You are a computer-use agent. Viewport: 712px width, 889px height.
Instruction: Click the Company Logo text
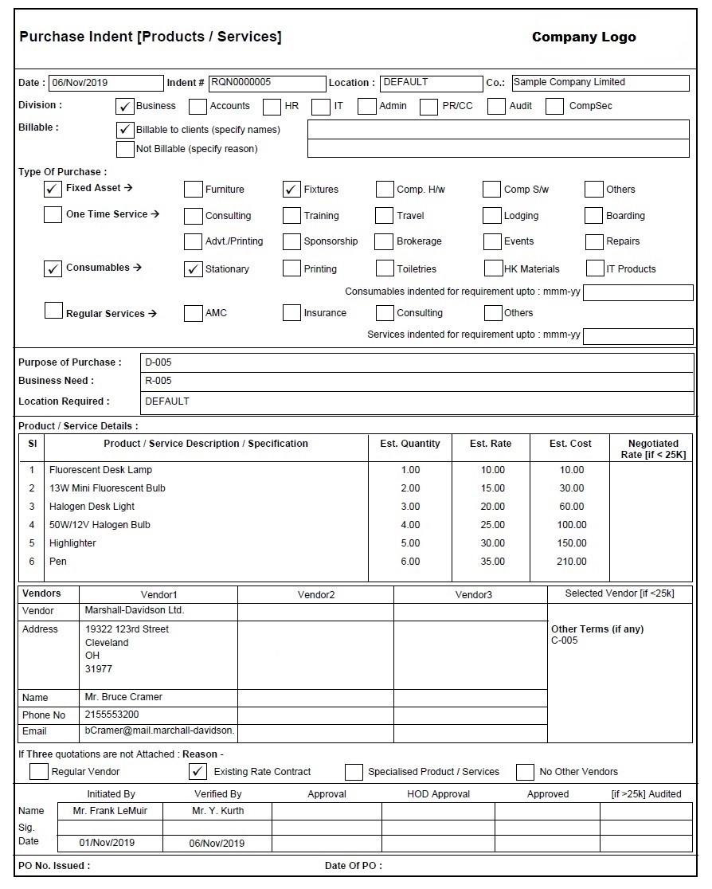point(583,37)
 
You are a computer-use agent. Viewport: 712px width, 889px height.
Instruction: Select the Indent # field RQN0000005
point(267,83)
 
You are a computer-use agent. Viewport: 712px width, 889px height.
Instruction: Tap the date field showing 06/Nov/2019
point(105,83)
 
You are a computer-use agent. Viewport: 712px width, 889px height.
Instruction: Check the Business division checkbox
point(125,106)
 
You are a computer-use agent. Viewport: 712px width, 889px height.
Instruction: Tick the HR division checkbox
point(272,106)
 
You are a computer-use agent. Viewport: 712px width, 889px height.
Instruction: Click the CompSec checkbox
point(555,106)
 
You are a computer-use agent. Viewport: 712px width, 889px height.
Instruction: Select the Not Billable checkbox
point(125,149)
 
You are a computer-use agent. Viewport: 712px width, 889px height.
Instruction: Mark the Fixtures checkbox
point(291,190)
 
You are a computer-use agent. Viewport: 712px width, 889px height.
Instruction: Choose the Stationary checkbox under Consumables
point(193,269)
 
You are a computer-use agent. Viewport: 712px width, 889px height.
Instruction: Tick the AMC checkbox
point(193,313)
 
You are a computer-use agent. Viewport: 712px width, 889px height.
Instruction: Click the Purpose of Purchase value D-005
point(158,362)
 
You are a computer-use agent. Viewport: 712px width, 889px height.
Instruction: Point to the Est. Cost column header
point(569,444)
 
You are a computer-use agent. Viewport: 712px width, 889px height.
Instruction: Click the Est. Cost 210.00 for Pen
point(571,562)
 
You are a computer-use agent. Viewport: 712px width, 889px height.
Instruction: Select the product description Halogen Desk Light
point(92,507)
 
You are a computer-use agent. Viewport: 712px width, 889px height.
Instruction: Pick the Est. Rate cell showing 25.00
point(492,525)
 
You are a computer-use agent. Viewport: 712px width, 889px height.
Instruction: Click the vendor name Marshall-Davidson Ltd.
point(134,610)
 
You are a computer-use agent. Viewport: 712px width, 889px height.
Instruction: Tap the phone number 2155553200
point(111,715)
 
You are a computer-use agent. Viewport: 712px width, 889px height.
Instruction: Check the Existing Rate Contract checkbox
point(198,771)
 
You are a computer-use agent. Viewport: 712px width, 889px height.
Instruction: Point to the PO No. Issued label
point(54,866)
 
